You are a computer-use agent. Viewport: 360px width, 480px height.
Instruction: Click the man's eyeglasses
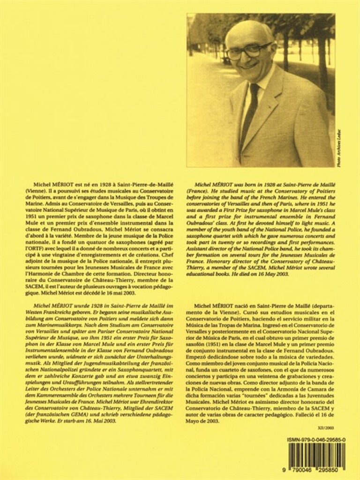coord(248,51)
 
